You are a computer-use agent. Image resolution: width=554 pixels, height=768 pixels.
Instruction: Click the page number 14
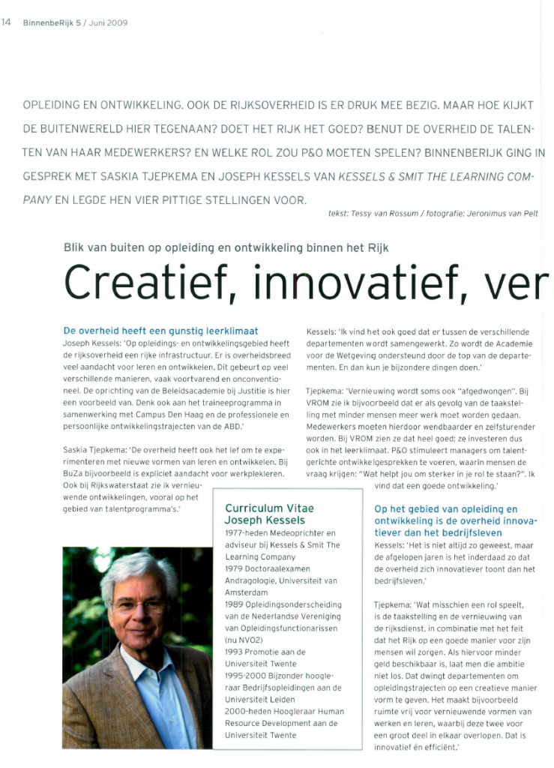[x=6, y=22]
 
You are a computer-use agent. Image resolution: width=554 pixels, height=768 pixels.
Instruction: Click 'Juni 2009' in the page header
[x=108, y=22]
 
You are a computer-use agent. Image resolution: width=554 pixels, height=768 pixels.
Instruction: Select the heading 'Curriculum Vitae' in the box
[x=269, y=508]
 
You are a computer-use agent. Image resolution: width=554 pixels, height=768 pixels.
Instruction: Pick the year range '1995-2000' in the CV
[x=244, y=675]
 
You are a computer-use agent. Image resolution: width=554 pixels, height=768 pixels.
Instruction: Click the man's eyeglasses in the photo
[x=140, y=605]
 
